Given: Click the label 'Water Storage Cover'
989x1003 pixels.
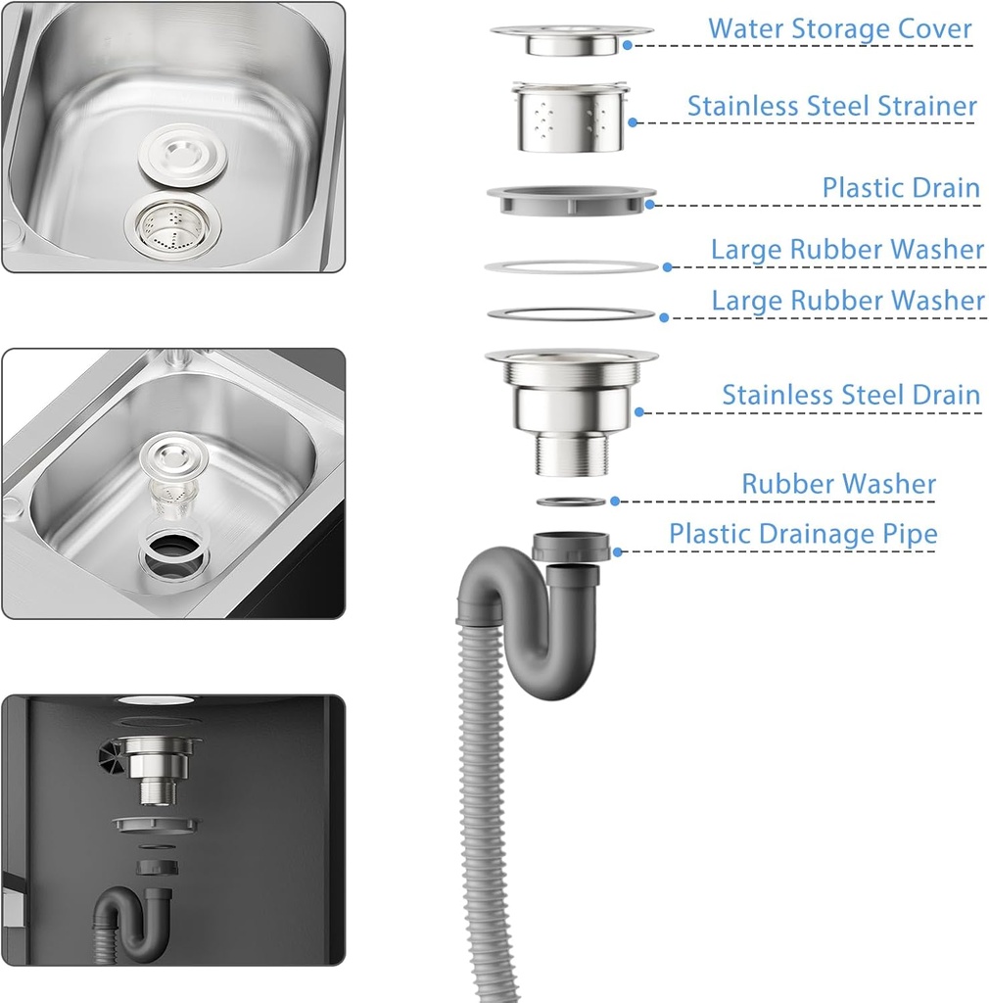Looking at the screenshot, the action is tap(839, 28).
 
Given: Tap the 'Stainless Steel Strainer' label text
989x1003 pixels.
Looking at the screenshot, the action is tap(831, 106).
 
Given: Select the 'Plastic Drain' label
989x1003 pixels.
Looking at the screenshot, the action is tap(901, 187).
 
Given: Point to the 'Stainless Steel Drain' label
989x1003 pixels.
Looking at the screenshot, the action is tap(851, 395).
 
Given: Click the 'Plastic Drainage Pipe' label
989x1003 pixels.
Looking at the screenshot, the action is tap(803, 534).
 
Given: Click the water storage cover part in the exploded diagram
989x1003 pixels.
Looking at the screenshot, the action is tap(572, 39).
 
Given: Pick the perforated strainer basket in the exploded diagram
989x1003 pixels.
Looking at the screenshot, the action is tap(570, 118).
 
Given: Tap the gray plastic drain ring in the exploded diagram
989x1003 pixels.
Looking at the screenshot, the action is tap(572, 200).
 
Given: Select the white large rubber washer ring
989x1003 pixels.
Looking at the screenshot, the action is tap(572, 266).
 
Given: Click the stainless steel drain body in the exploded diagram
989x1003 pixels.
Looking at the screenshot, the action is tap(572, 411).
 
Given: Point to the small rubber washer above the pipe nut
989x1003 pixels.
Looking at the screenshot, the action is tap(571, 501).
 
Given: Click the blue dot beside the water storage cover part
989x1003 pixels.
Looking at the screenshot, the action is tap(627, 45).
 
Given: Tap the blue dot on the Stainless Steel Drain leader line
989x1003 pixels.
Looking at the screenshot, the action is tap(639, 412).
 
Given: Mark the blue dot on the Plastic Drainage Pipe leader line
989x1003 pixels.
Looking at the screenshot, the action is tap(618, 552).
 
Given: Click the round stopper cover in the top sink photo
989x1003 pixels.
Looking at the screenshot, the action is tap(183, 155).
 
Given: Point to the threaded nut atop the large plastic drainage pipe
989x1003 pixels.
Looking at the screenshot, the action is tap(571, 547).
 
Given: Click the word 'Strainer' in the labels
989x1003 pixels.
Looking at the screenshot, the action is tap(927, 106).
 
